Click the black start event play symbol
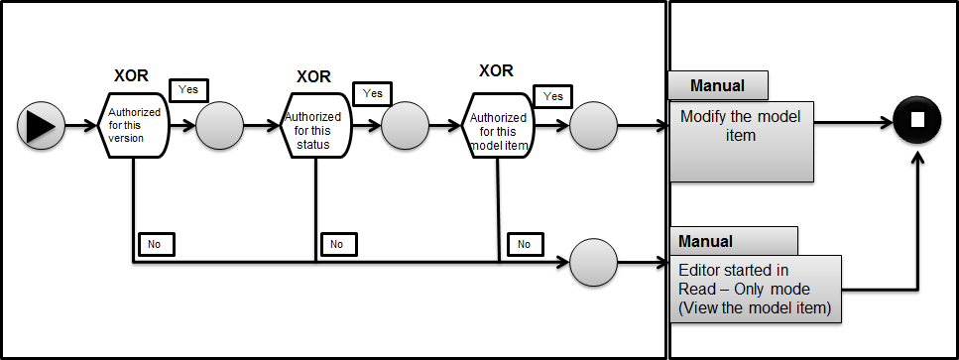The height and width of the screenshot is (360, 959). click(41, 126)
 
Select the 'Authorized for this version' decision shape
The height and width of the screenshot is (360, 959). click(134, 126)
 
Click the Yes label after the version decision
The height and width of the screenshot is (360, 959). click(187, 89)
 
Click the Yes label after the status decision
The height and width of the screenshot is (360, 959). click(373, 93)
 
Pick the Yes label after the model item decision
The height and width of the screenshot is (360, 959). click(553, 96)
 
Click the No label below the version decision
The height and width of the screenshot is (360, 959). click(154, 242)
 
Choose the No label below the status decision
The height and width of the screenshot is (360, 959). click(336, 243)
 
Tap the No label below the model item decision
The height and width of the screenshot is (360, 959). click(524, 243)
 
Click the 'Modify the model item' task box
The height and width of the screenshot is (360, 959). click(740, 141)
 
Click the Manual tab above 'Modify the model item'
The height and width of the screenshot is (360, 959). click(718, 85)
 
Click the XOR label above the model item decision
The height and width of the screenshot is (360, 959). click(496, 70)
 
